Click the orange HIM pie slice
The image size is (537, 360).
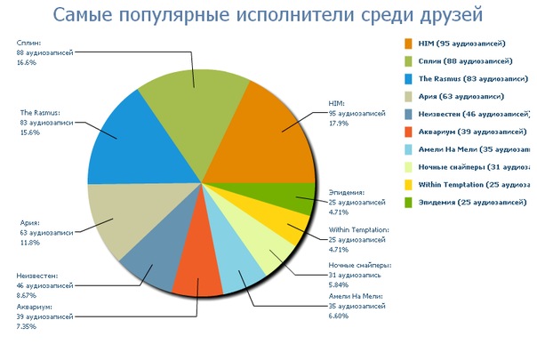(271, 133)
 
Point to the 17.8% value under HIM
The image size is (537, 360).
(338, 124)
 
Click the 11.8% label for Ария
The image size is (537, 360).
(30, 242)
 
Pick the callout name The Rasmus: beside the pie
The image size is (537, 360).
(40, 112)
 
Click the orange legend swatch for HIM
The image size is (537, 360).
(409, 43)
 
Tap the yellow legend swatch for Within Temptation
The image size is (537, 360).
(409, 185)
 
